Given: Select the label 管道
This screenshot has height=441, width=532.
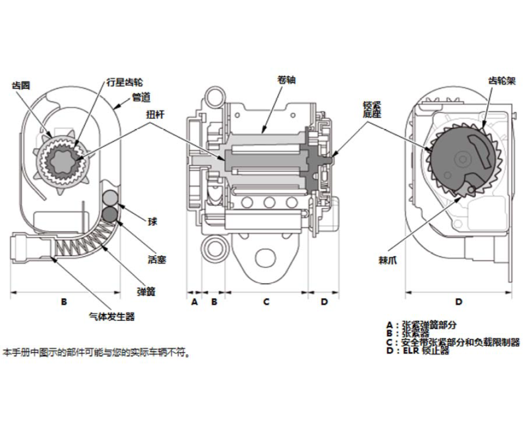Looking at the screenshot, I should click(142, 97).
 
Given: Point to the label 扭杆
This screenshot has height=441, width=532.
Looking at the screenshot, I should click(156, 114).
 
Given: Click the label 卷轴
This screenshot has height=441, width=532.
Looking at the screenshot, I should click(286, 80).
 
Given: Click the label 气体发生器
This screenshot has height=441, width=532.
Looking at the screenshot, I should click(111, 317).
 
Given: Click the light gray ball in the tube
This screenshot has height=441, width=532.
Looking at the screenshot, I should click(110, 197).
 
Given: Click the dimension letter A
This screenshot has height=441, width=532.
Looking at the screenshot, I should click(194, 302).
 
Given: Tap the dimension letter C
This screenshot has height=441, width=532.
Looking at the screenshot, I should click(266, 302).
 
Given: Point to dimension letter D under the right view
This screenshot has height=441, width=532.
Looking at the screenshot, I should click(459, 302).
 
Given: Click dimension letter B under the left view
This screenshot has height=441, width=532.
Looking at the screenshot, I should click(64, 302).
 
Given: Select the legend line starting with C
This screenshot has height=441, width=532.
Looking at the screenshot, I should click(453, 343).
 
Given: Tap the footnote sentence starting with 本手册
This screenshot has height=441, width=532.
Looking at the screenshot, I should click(96, 352).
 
